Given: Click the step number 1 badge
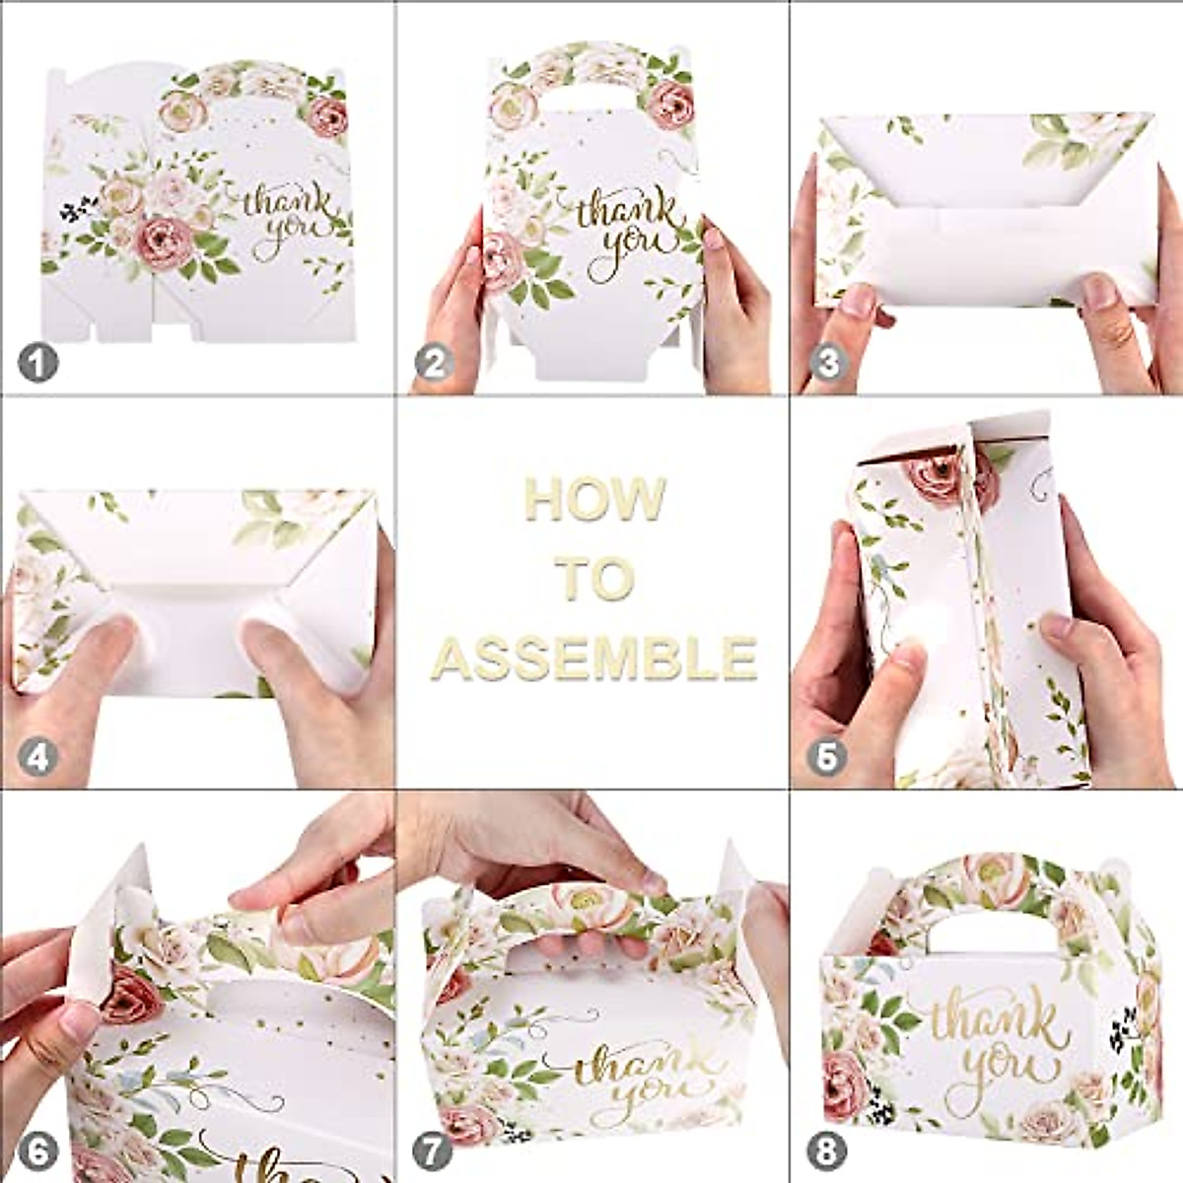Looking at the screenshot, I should point(38,364).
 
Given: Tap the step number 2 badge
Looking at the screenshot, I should point(434,364).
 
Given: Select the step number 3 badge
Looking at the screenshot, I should point(828,364).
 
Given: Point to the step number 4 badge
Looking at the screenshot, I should point(38,757).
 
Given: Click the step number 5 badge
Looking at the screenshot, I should point(828,757).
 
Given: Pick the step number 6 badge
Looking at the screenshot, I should point(38,1150).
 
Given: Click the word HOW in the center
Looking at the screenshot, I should point(594,499).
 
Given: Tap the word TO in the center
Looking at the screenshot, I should point(592,579).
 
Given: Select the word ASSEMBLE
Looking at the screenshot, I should point(594,658).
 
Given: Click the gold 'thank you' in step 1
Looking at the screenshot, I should point(289,222).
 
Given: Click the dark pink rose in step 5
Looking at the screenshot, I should point(937,475).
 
